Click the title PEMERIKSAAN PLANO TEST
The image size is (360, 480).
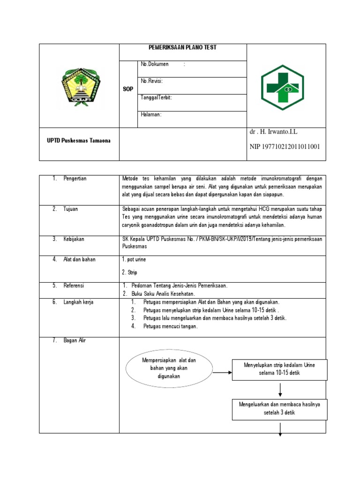coord(183,48)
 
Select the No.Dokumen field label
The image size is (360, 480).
coord(155,64)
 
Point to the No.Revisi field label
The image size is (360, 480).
coord(151,81)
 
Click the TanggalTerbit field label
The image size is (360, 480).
coord(156,98)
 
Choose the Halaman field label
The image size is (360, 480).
coord(151,115)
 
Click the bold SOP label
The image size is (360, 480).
coord(128,89)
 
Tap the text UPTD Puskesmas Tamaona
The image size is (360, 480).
coord(79,141)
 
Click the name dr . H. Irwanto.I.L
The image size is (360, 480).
coord(273,132)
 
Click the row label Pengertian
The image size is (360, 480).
coord(75,179)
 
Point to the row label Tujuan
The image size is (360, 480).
coord(71,209)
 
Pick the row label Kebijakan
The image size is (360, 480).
coord(74,239)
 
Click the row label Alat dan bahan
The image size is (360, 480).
coord(79,259)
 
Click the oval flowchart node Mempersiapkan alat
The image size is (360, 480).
coord(169,368)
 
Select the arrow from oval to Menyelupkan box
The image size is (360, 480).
coord(222,373)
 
